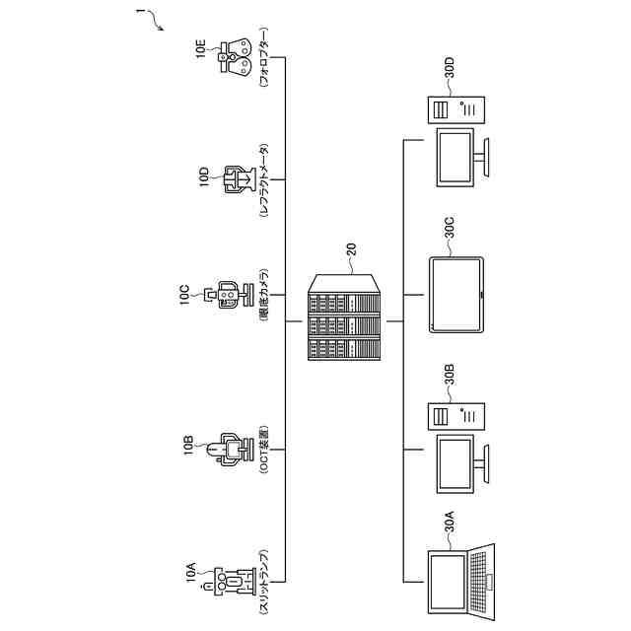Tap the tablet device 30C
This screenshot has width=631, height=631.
point(457,294)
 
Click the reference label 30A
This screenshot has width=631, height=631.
point(450,521)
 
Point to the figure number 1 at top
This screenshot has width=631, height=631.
point(140,13)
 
